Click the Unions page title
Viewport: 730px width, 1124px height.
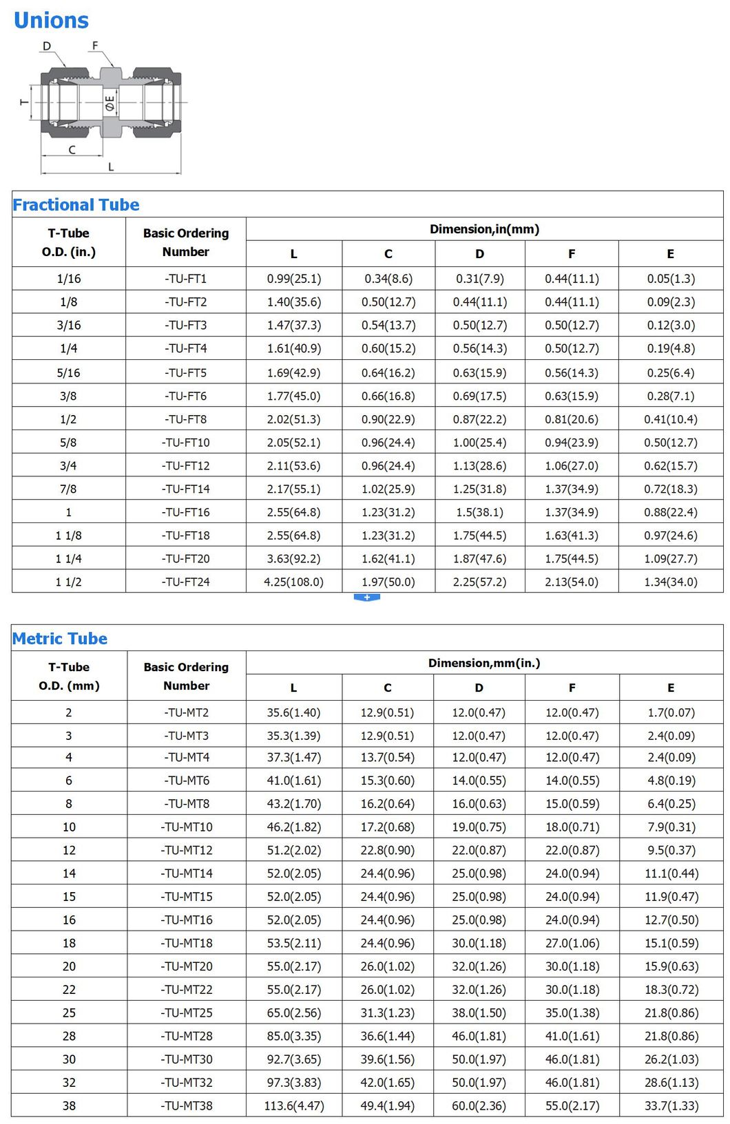[x=51, y=21]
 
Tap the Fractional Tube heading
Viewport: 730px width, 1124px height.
[x=76, y=204]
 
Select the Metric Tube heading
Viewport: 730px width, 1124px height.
[x=60, y=639]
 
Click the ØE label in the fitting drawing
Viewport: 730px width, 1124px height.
[x=110, y=105]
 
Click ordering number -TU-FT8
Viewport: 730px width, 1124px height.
[x=186, y=419]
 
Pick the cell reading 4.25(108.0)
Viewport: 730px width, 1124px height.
[x=294, y=582]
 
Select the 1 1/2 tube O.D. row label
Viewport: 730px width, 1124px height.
[x=68, y=582]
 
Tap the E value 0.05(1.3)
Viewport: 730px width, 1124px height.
[x=671, y=279]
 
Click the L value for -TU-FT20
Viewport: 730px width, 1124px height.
[x=294, y=558]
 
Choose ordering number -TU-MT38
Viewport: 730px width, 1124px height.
[x=187, y=1105]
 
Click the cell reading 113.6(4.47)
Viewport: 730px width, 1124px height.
[x=294, y=1105]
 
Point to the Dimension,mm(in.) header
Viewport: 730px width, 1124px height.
[x=484, y=663]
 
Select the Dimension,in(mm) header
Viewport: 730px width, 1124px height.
[x=484, y=229]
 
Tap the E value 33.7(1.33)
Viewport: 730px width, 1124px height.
[x=671, y=1105]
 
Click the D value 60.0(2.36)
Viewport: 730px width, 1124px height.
[x=479, y=1105]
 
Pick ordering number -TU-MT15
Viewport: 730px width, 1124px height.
[x=187, y=896]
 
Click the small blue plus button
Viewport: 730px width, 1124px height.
[x=367, y=597]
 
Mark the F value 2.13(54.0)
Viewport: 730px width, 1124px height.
[x=572, y=582]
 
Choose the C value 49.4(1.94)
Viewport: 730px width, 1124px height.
[x=388, y=1105]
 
